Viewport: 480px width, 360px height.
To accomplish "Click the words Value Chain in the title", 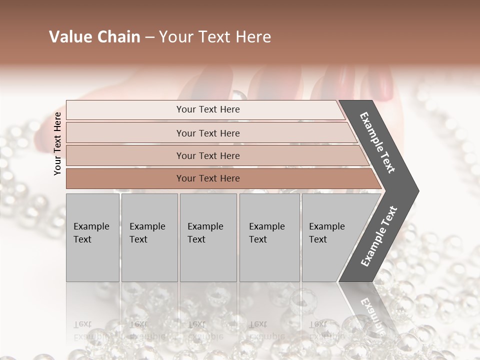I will coord(94,37).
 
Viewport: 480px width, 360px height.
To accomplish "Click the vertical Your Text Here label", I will coord(57,143).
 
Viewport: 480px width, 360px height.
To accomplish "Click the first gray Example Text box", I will coord(92,237).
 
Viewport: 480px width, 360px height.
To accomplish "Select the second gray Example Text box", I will coord(149,237).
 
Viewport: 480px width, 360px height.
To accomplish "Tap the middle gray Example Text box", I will coord(208,237).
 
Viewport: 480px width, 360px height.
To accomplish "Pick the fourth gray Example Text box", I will coord(269,237).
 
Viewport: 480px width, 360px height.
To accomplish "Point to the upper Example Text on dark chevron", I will coord(377,142).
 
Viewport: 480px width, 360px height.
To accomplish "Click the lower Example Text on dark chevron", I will coord(378,236).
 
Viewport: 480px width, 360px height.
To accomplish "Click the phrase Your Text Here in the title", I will coord(215,37).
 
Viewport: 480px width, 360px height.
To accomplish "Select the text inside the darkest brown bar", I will coord(208,178).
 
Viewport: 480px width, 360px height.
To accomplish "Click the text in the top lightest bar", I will coord(208,109).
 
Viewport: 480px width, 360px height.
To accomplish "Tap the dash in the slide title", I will coord(149,37).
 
